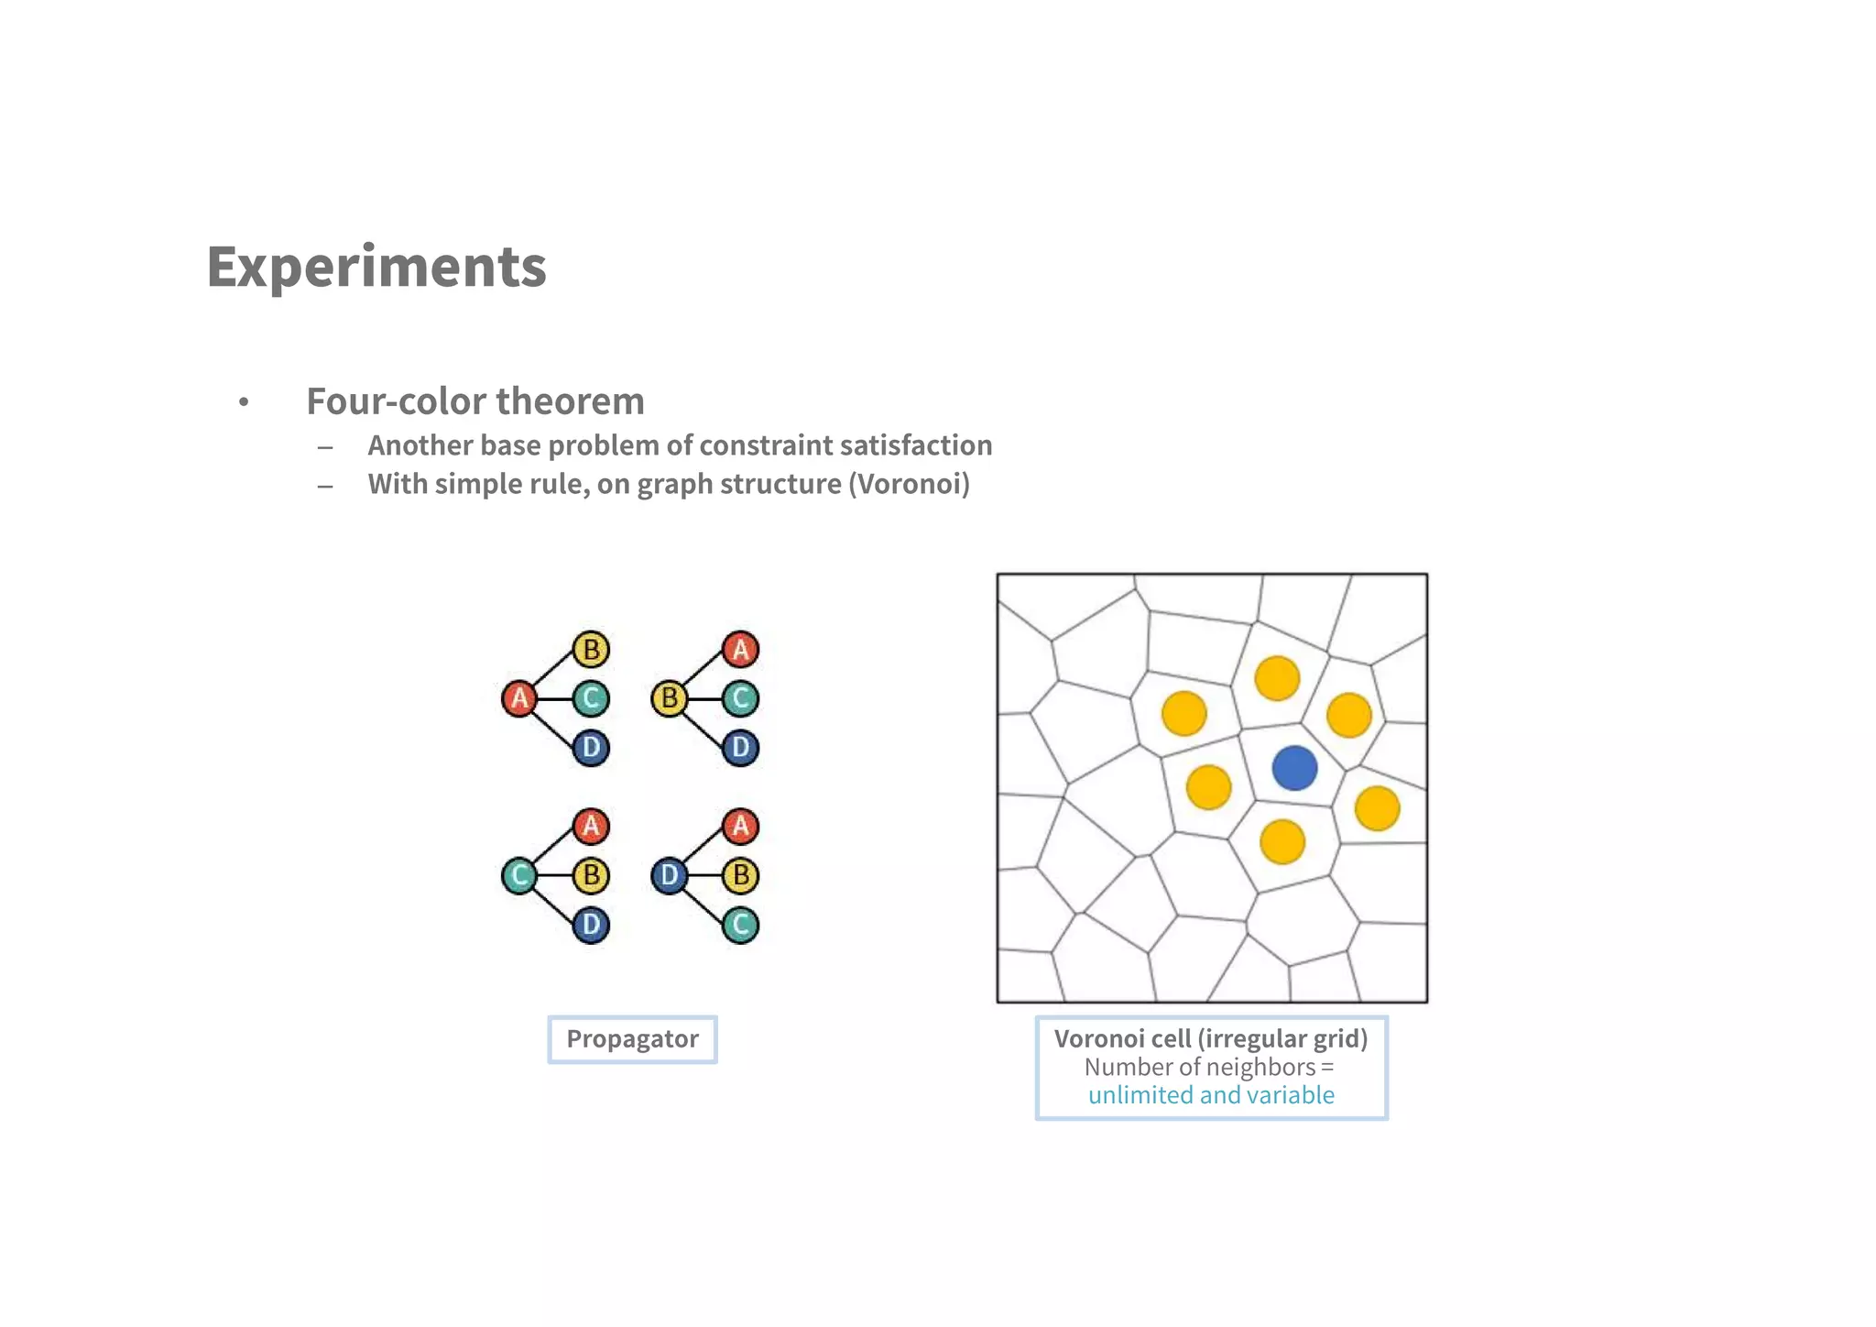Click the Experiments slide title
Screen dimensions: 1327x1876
(x=376, y=267)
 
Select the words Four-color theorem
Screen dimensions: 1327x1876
(x=474, y=401)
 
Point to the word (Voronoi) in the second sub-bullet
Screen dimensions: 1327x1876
(x=909, y=484)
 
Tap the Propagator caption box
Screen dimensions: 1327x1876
(x=632, y=1039)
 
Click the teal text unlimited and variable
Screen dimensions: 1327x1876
(x=1211, y=1095)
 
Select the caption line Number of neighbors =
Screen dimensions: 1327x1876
(x=1209, y=1067)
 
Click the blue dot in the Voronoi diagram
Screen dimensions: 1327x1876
(x=1294, y=768)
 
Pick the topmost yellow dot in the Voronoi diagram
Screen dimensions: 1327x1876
(x=1277, y=678)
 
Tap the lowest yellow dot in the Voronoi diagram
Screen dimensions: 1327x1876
(x=1282, y=841)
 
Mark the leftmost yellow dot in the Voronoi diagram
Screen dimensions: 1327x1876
(x=1183, y=713)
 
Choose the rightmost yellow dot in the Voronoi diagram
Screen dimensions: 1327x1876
(x=1377, y=808)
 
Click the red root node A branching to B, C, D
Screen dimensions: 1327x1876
(x=519, y=698)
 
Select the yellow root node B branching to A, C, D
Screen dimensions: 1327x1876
(x=669, y=698)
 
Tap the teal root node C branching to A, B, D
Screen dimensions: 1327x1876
(x=519, y=875)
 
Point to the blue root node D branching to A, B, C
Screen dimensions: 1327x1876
(x=669, y=875)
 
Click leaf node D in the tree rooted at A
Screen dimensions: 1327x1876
(x=591, y=747)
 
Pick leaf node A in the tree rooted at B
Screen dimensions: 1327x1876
(x=740, y=649)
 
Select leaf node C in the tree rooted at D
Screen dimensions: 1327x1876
(x=740, y=925)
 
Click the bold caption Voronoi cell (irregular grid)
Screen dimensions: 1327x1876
(x=1210, y=1038)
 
